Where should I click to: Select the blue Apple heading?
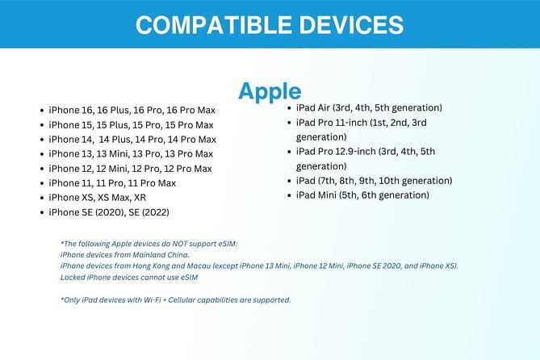tap(270, 90)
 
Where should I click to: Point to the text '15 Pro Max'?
tap(188, 125)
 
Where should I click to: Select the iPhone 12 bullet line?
tap(130, 169)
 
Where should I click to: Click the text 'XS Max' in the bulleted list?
tap(109, 198)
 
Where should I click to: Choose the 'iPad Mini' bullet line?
tap(362, 195)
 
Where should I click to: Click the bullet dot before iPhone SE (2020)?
tap(41, 213)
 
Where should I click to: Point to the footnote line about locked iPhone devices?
tap(129, 277)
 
